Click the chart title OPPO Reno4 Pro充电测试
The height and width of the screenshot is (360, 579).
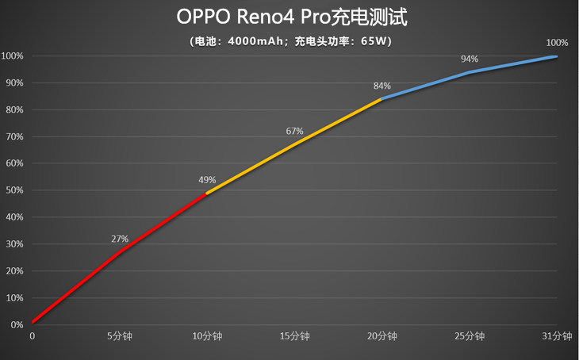(x=289, y=17)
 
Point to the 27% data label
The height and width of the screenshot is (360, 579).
(x=120, y=239)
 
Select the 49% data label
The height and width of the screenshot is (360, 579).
(x=207, y=180)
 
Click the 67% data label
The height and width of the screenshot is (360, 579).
(x=294, y=131)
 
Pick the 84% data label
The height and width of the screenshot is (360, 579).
(x=382, y=86)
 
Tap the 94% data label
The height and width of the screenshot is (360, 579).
(x=470, y=59)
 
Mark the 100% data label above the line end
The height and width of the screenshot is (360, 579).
(x=557, y=43)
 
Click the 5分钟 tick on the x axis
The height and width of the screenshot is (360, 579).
(x=119, y=336)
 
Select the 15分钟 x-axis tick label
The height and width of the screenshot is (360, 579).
(x=294, y=336)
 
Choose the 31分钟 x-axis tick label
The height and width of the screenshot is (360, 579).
(x=556, y=336)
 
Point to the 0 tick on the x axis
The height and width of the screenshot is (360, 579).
(x=33, y=336)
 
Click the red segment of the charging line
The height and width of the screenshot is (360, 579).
(x=119, y=252)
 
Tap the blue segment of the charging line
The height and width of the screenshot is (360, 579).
(x=470, y=72)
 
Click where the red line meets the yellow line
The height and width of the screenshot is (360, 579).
(x=206, y=193)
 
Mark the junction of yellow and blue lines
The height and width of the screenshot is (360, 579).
(x=382, y=99)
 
